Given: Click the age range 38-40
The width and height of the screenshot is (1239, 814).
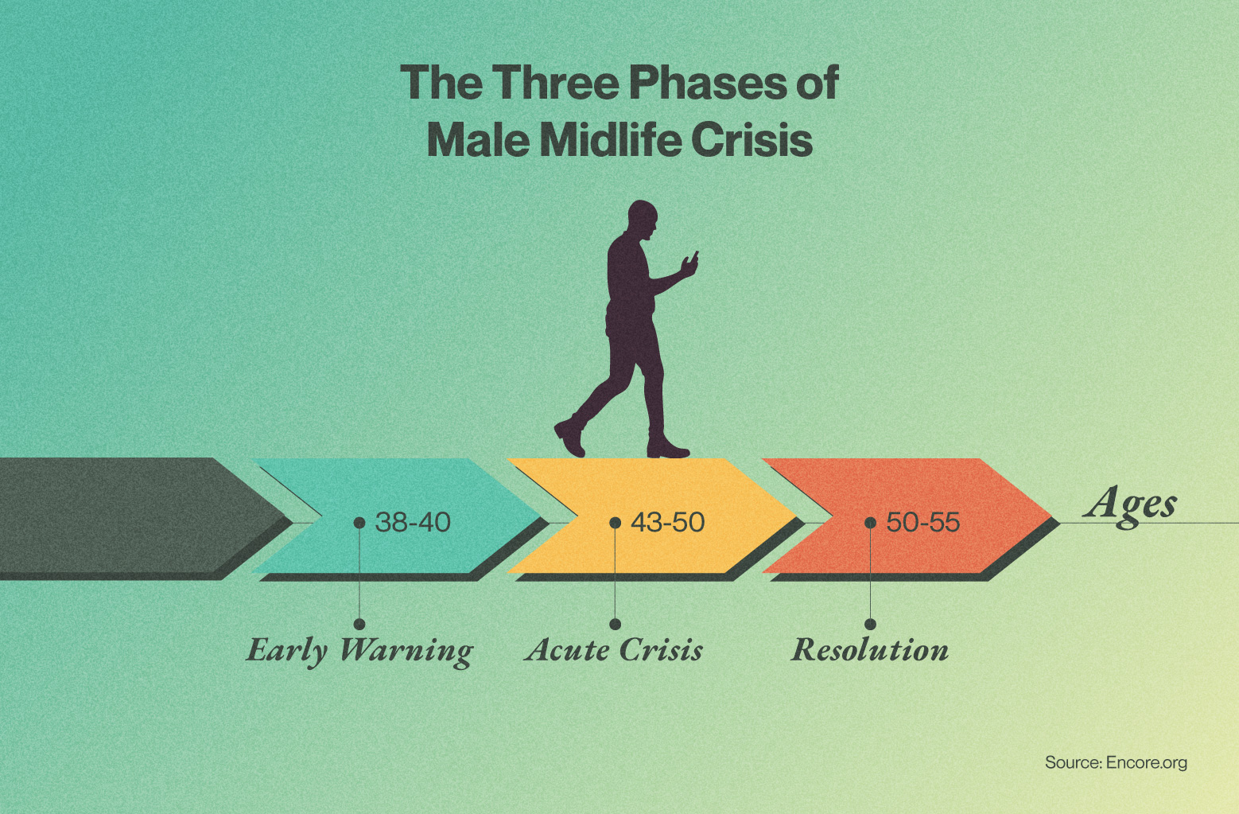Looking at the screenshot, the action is pos(413,523).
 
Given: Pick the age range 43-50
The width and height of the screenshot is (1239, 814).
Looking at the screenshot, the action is pos(668,523).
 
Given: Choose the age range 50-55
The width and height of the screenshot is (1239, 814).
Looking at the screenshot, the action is pos(922,523).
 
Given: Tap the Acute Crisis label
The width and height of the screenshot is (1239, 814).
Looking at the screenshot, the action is pos(614,649).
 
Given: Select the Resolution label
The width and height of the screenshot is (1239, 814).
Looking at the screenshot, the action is pos(870,649).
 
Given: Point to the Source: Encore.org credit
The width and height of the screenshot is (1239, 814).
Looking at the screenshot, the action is pos(1117,762).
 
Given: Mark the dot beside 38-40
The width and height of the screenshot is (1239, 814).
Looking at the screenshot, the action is pos(359,523).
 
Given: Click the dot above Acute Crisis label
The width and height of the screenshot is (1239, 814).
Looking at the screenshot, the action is pos(615,624).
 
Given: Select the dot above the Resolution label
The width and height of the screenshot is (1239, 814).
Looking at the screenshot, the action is pos(870,624).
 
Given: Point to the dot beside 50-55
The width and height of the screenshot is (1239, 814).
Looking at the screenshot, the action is pos(870,523).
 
